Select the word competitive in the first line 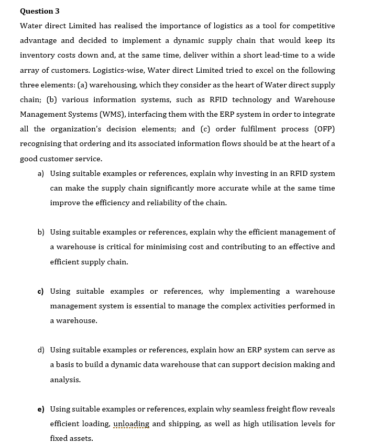coord(313,26)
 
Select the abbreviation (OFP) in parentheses coord(324,129)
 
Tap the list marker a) coord(40,173)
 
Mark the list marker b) coord(40,232)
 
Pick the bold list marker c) coord(40,291)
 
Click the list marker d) coord(40,350)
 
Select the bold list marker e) coord(40,409)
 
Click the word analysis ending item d coord(65,380)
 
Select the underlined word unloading coord(131,424)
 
